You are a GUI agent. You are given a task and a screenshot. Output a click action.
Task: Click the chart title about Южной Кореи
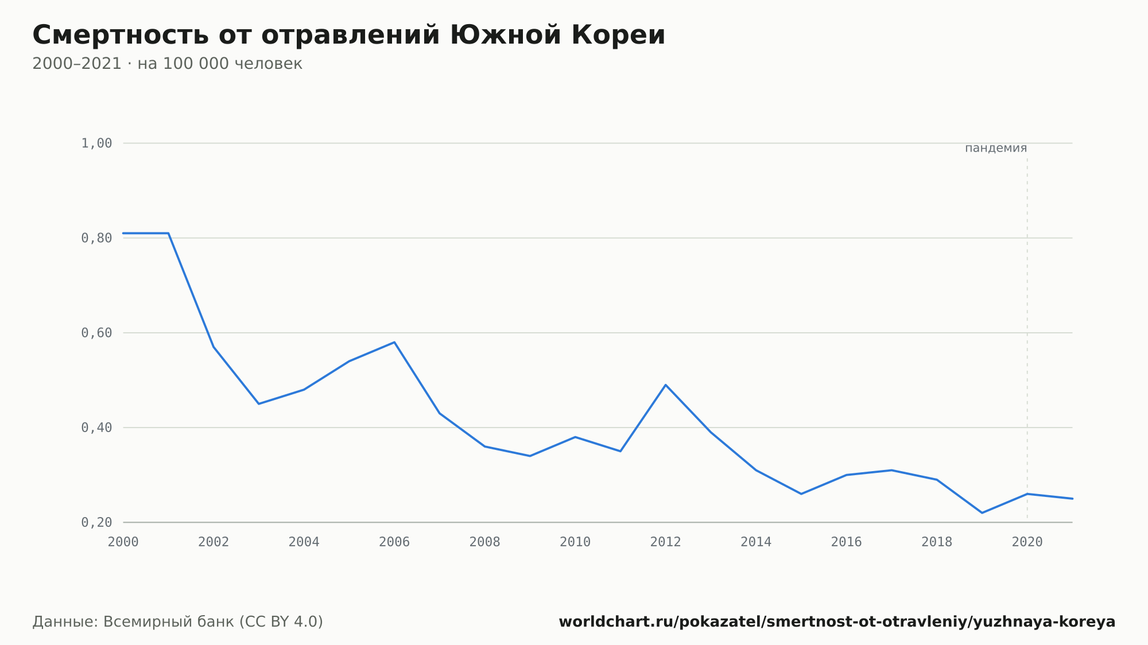(x=349, y=35)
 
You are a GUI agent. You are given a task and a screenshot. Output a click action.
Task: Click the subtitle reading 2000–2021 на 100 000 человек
(x=167, y=64)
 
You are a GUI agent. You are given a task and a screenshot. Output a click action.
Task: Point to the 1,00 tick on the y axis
(x=96, y=143)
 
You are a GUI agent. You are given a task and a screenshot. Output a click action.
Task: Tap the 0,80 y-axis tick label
(x=96, y=238)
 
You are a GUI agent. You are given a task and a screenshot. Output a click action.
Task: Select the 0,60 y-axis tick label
(x=96, y=333)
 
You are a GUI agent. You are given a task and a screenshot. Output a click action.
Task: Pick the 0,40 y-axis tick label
(x=96, y=428)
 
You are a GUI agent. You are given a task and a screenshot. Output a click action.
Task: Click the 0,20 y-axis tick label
(x=96, y=522)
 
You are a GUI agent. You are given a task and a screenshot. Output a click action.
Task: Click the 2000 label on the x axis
(x=123, y=542)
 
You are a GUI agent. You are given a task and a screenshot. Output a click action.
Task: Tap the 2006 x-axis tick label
(x=394, y=542)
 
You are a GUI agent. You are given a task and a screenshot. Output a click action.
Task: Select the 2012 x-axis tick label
(x=666, y=542)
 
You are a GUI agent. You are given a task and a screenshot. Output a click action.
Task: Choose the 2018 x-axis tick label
(x=937, y=542)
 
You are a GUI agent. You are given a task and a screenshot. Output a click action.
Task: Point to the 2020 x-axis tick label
(x=1027, y=542)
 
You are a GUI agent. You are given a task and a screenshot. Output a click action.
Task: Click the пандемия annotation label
(x=996, y=148)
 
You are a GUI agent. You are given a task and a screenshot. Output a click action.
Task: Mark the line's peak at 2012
(x=666, y=385)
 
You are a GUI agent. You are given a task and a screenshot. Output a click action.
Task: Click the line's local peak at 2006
(x=394, y=342)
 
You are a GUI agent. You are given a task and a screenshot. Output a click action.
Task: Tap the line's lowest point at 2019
(x=982, y=512)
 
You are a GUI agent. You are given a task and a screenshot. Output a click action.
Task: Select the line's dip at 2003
(x=259, y=403)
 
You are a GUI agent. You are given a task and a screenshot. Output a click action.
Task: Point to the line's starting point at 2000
(x=123, y=234)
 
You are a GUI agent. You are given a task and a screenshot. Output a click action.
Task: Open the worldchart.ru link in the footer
(x=837, y=622)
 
